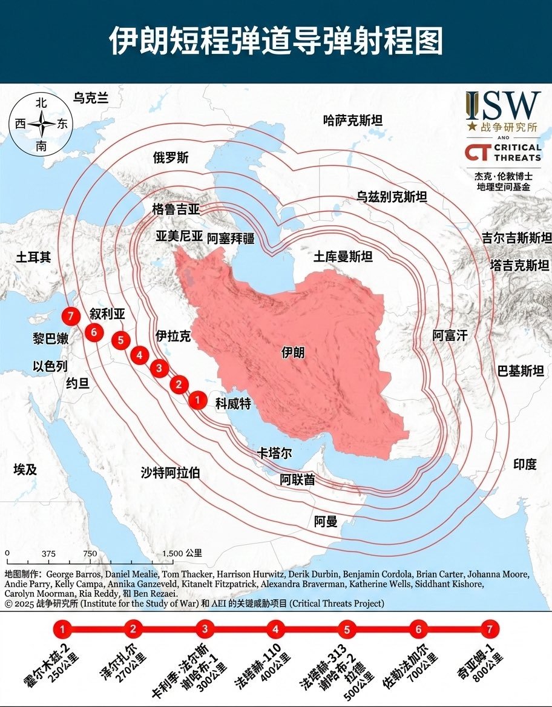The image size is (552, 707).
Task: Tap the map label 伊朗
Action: click(x=294, y=352)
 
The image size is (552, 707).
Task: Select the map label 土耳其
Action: click(x=34, y=258)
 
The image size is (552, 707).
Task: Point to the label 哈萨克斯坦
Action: click(x=353, y=120)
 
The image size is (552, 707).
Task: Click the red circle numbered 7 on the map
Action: click(x=71, y=316)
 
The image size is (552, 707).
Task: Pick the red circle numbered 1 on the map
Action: click(x=197, y=400)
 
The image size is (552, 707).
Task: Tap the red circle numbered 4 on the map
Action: click(x=140, y=355)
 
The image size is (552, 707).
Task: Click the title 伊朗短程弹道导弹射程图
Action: click(x=276, y=41)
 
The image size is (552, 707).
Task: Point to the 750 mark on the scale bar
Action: click(x=90, y=553)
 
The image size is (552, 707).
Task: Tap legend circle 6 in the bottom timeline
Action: click(x=418, y=630)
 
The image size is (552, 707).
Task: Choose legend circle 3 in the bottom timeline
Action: click(x=205, y=630)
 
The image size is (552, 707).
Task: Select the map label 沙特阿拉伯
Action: click(x=170, y=473)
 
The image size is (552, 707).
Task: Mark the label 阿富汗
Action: click(x=450, y=335)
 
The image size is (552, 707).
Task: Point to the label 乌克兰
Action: click(x=91, y=97)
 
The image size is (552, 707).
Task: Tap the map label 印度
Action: click(x=525, y=464)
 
